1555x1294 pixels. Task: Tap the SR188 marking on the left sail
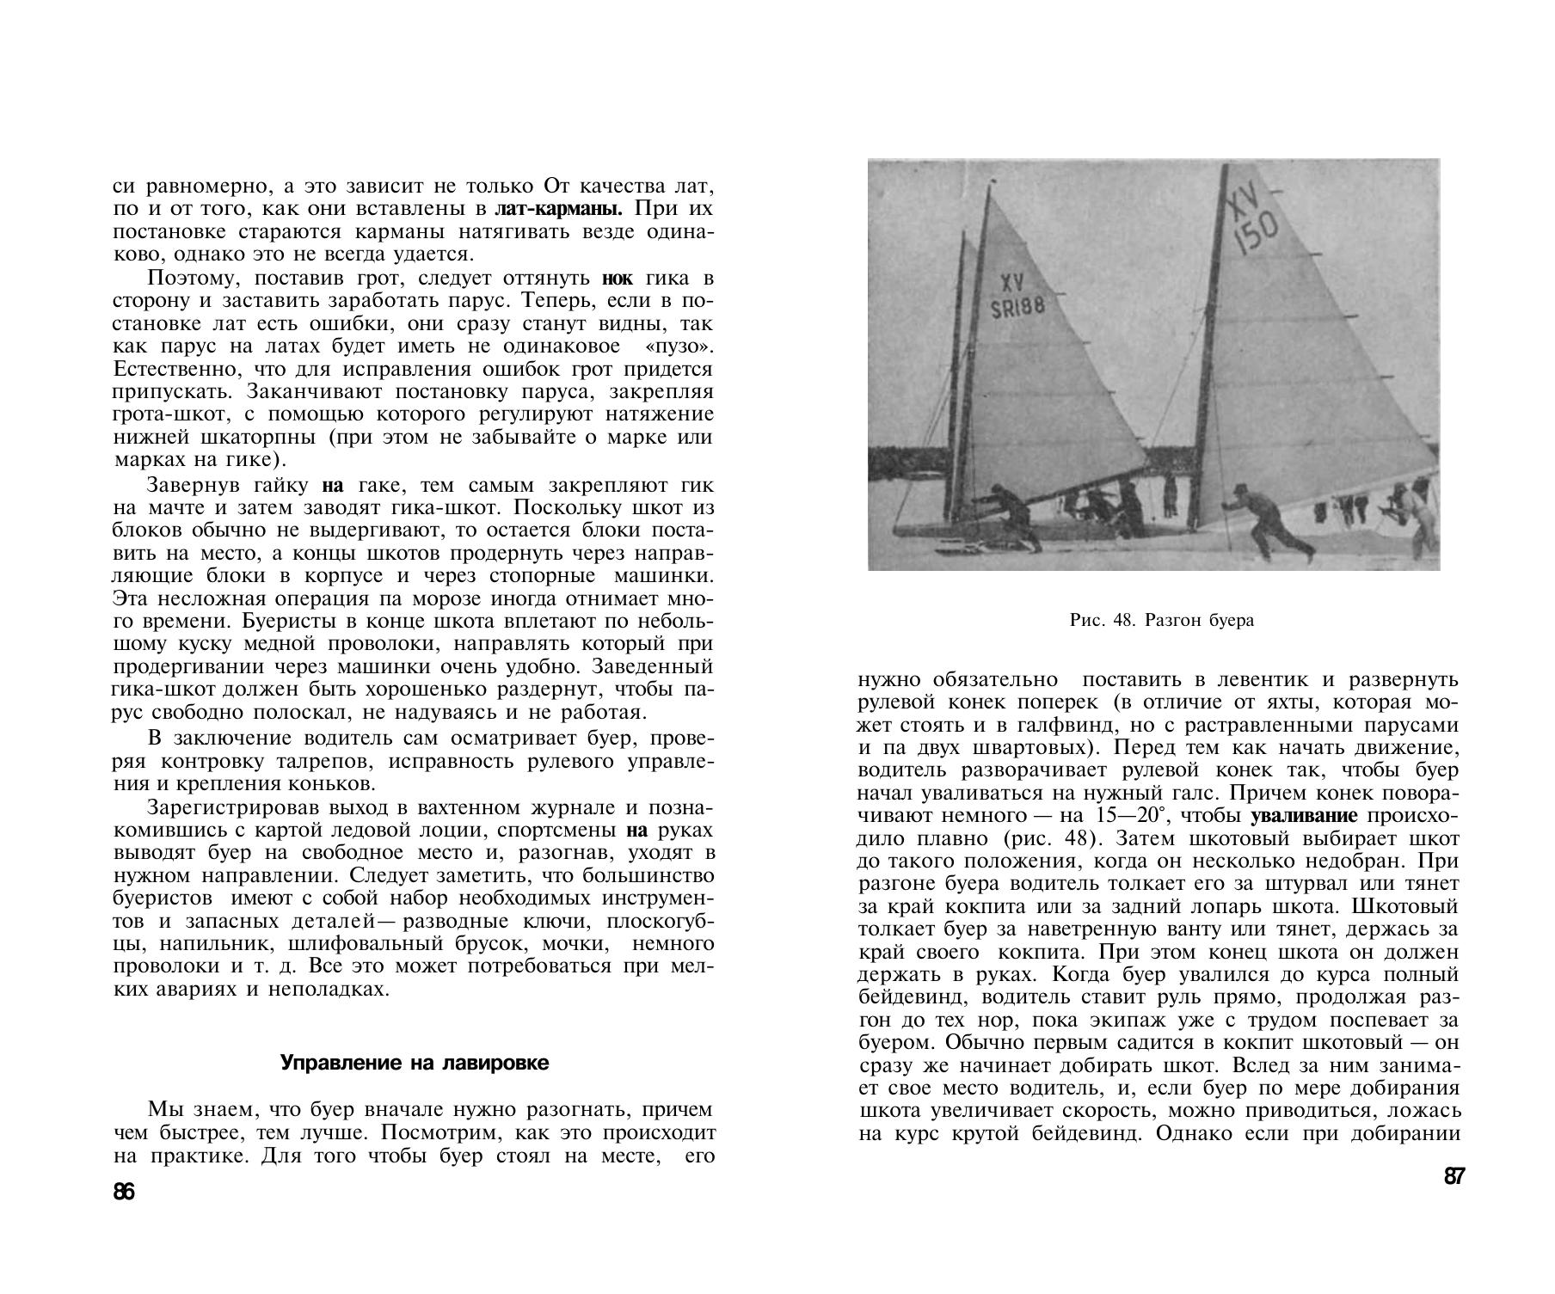(x=1017, y=307)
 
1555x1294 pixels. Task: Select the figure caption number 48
(x=1123, y=620)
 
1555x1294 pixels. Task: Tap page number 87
(x=1454, y=1177)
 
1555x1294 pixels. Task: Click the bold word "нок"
(x=617, y=279)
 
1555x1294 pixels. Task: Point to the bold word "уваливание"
(x=1304, y=815)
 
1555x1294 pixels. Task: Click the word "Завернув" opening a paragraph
(x=185, y=485)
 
